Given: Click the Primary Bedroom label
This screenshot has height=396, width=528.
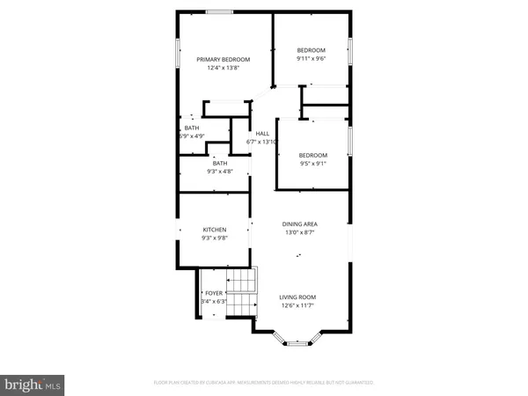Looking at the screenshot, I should tap(224, 59).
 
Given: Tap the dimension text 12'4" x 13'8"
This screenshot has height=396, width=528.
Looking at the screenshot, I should tap(224, 68).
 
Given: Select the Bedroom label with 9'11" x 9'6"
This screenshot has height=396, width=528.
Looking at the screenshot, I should tap(311, 49).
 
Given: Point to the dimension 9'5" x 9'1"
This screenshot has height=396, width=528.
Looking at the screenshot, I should tap(313, 163).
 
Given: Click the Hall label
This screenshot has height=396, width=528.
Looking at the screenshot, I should tap(261, 134).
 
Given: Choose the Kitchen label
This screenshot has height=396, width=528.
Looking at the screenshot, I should tap(215, 230).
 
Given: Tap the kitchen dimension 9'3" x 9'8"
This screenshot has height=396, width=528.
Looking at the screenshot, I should tap(215, 238).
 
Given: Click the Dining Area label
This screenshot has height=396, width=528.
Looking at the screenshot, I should tap(299, 224).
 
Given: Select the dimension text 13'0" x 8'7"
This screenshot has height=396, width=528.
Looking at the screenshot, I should tap(299, 232).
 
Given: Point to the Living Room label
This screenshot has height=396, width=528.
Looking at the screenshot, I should tap(297, 297).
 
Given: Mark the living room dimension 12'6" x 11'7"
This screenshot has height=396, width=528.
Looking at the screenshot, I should tap(297, 305).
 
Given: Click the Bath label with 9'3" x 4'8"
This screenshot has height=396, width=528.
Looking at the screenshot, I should tap(219, 163).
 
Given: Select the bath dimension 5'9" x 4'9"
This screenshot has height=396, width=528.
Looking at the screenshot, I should tap(191, 136).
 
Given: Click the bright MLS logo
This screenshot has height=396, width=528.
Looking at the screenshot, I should tap(33, 384).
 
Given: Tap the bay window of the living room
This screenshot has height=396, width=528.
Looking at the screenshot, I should tap(297, 341).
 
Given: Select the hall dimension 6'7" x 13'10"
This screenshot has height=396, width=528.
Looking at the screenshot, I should tap(266, 142).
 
